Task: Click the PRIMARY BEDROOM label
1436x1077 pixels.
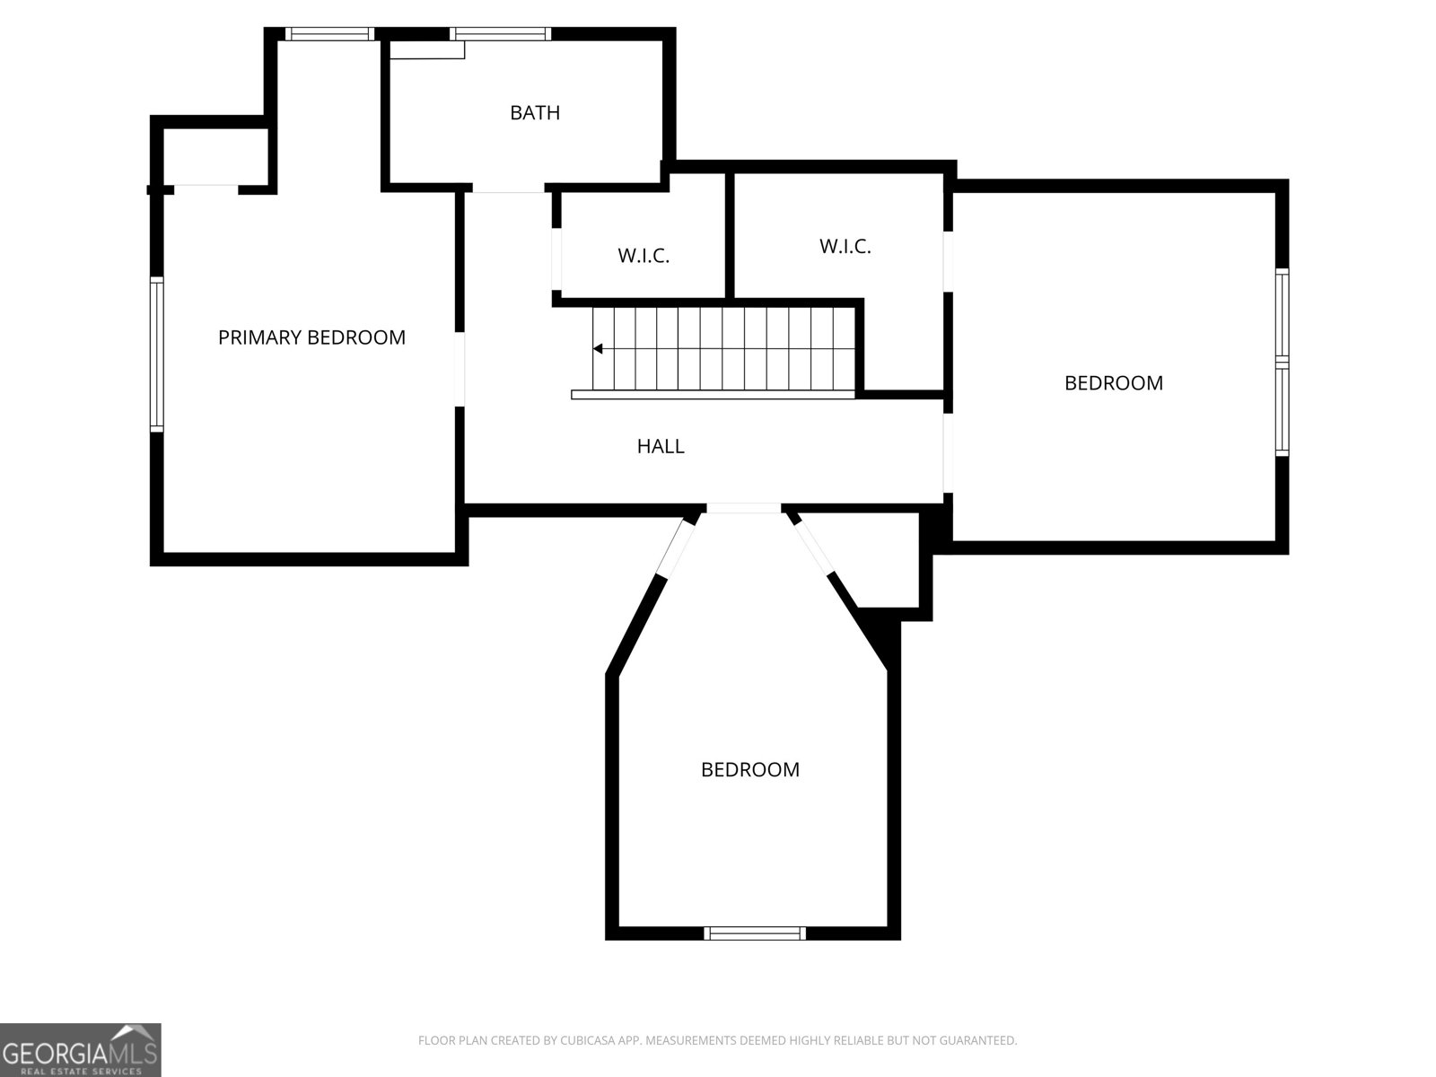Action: click(x=311, y=337)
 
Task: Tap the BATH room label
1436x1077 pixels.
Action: click(x=535, y=113)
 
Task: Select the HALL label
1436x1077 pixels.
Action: click(x=661, y=446)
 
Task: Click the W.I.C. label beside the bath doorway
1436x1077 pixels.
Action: click(x=644, y=256)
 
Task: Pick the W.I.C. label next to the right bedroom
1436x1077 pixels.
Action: click(x=845, y=246)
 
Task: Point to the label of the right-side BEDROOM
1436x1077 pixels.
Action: click(x=1113, y=383)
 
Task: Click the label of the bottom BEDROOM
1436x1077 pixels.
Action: click(x=750, y=770)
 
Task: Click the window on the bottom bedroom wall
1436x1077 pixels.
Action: click(x=755, y=933)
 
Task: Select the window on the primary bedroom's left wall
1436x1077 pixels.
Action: click(x=157, y=354)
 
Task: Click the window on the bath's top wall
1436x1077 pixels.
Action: click(x=499, y=34)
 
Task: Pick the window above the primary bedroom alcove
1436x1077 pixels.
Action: click(x=329, y=34)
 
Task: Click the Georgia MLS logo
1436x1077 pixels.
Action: click(x=81, y=1049)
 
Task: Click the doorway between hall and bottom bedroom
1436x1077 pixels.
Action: click(x=743, y=509)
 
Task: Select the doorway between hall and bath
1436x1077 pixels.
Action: click(x=508, y=190)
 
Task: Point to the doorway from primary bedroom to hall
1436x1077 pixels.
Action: click(x=460, y=369)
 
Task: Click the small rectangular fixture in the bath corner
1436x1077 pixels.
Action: click(x=426, y=50)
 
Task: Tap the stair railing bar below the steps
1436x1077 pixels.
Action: click(x=714, y=394)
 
